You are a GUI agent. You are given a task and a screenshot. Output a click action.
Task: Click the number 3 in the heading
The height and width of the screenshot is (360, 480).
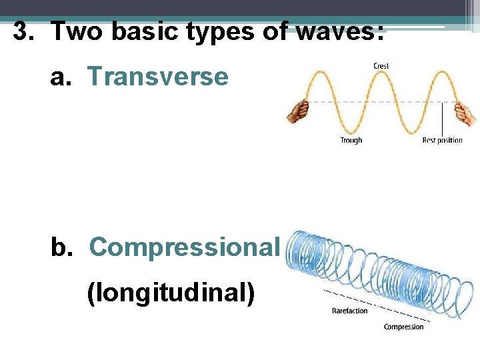(23, 31)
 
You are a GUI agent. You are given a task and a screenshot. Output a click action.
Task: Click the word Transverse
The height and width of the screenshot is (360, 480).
(157, 77)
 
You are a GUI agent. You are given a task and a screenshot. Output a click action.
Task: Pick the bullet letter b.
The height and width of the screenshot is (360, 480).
(61, 247)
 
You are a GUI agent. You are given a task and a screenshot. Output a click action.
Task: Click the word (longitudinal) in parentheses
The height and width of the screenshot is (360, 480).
(171, 293)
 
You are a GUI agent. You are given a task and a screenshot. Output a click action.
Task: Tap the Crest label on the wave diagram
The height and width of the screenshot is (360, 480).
(381, 65)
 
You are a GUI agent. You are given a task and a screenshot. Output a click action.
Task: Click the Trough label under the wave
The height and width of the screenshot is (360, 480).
(351, 140)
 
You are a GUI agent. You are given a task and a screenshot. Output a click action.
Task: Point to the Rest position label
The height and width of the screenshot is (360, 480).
(442, 140)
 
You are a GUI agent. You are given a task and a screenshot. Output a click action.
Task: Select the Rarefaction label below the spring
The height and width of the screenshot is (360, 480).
(349, 311)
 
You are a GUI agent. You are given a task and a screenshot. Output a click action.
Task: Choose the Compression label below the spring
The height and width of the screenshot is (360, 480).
(403, 327)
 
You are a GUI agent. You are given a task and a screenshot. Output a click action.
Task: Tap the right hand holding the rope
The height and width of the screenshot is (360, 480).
(465, 113)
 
